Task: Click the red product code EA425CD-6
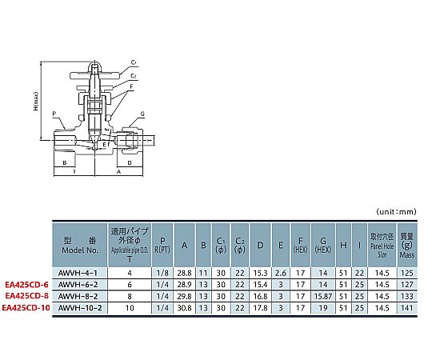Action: tap(26, 285)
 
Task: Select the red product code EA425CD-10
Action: tap(26, 308)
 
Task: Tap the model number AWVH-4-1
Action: tap(78, 273)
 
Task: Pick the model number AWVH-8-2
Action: tap(78, 296)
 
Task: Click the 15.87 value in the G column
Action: tap(323, 296)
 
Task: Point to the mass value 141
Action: tap(407, 308)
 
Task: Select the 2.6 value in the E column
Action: tap(281, 273)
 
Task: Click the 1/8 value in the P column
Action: tap(162, 273)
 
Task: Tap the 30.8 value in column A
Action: tap(184, 308)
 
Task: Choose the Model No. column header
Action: tap(80, 246)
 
